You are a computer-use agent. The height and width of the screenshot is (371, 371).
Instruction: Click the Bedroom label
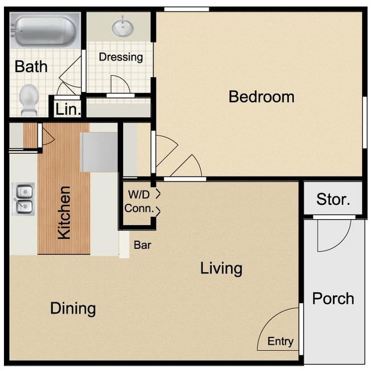click(261, 96)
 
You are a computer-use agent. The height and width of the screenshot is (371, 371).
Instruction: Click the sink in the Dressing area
click(122, 27)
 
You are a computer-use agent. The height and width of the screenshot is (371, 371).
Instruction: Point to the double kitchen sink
click(23, 198)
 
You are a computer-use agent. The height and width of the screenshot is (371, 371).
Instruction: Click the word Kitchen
click(64, 213)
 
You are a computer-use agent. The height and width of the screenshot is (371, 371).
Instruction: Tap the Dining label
click(72, 309)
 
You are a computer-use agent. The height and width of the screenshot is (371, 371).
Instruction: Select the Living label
click(221, 268)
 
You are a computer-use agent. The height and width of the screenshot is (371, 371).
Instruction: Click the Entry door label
click(280, 342)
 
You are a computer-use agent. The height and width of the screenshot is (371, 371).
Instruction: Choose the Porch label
click(333, 299)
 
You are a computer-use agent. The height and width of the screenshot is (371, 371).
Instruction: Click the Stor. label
click(333, 200)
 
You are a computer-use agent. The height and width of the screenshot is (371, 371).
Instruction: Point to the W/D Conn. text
click(140, 202)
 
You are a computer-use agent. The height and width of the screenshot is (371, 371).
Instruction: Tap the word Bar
click(142, 245)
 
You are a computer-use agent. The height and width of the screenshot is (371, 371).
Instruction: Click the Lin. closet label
click(68, 110)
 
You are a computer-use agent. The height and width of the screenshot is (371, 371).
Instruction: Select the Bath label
click(31, 67)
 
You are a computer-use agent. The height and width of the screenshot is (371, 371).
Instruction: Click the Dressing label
click(120, 57)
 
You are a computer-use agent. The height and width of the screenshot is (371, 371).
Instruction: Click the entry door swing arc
click(278, 328)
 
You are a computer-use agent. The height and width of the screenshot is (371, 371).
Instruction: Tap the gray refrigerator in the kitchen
click(99, 152)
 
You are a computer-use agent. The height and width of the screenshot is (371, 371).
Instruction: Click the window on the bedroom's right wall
click(364, 123)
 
